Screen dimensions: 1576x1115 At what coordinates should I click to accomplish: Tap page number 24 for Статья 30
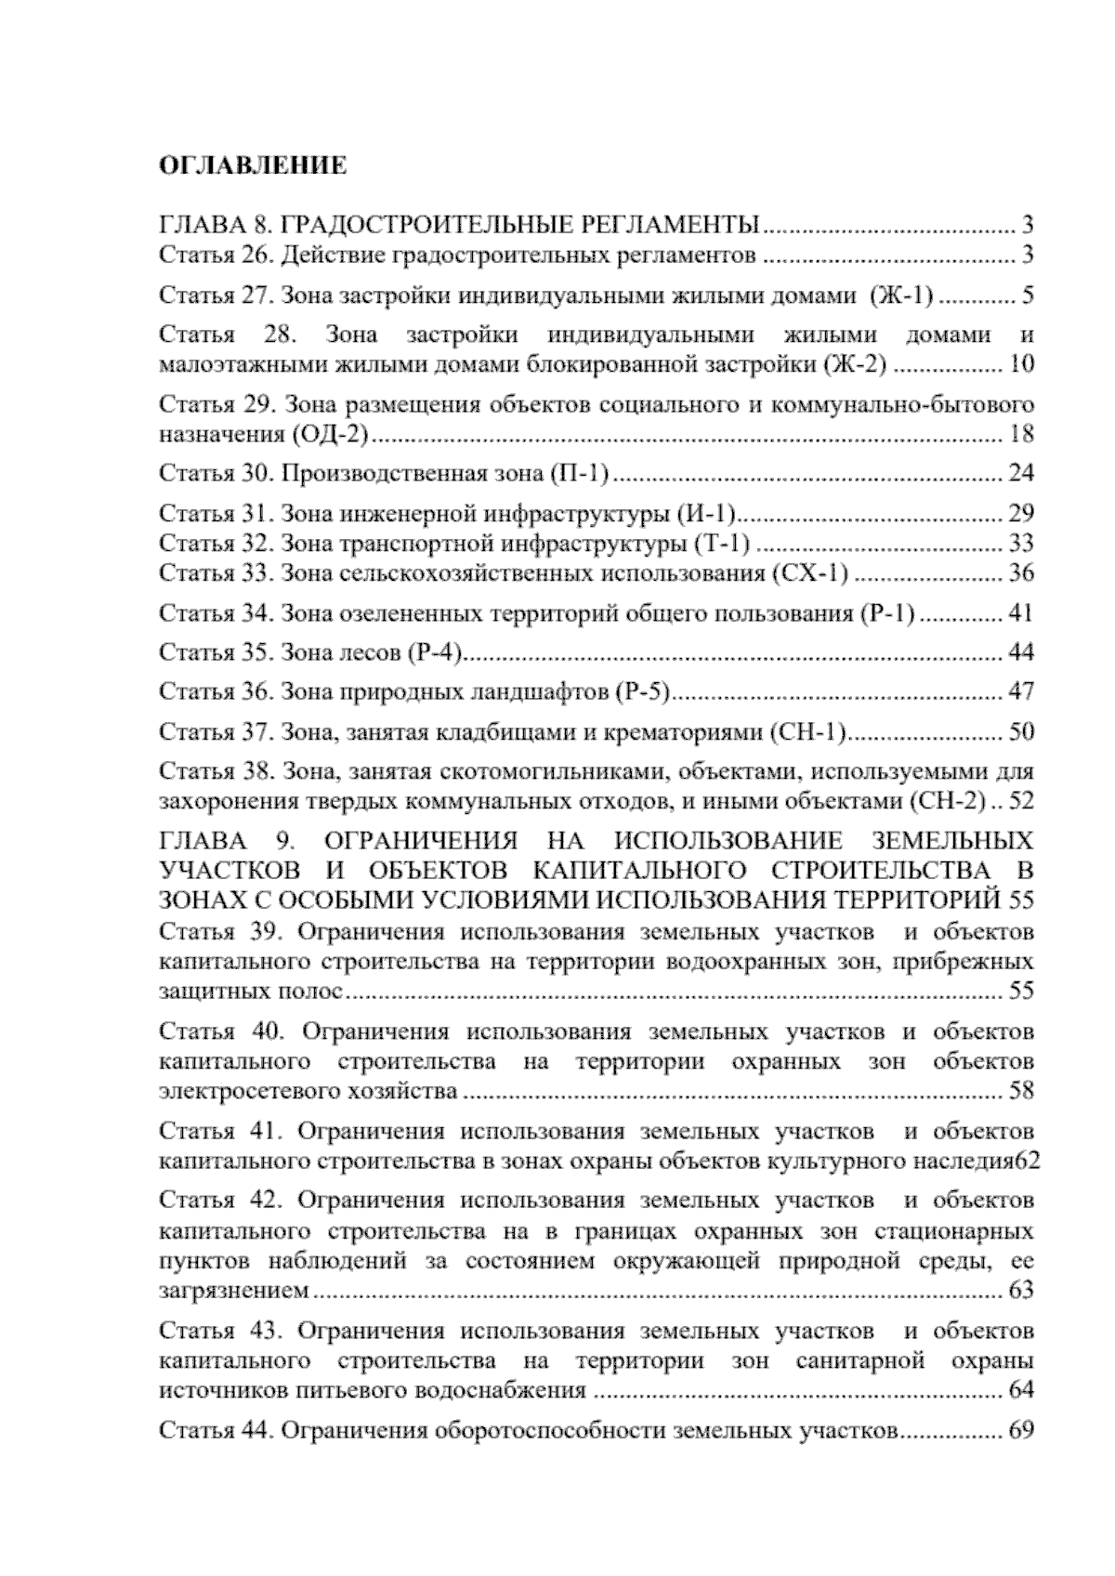pos(1020,474)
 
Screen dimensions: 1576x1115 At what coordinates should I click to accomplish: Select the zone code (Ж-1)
pos(900,296)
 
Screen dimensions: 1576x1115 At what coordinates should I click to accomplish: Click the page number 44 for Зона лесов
pos(1020,652)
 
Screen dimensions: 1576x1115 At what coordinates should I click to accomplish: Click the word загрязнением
pos(234,1292)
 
